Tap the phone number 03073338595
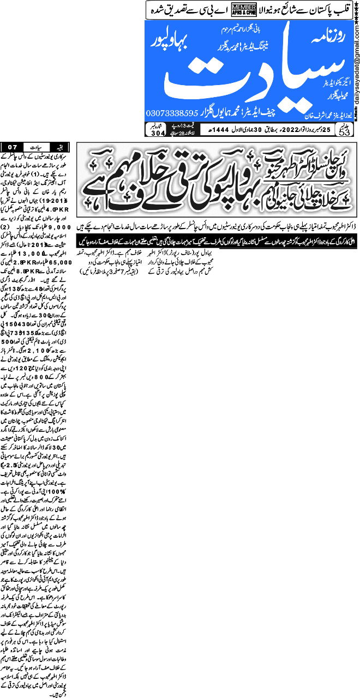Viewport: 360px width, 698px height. pyautogui.click(x=172, y=113)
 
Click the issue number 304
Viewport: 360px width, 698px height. pyautogui.click(x=157, y=133)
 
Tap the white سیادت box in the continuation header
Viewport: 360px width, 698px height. pyautogui.click(x=37, y=146)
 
